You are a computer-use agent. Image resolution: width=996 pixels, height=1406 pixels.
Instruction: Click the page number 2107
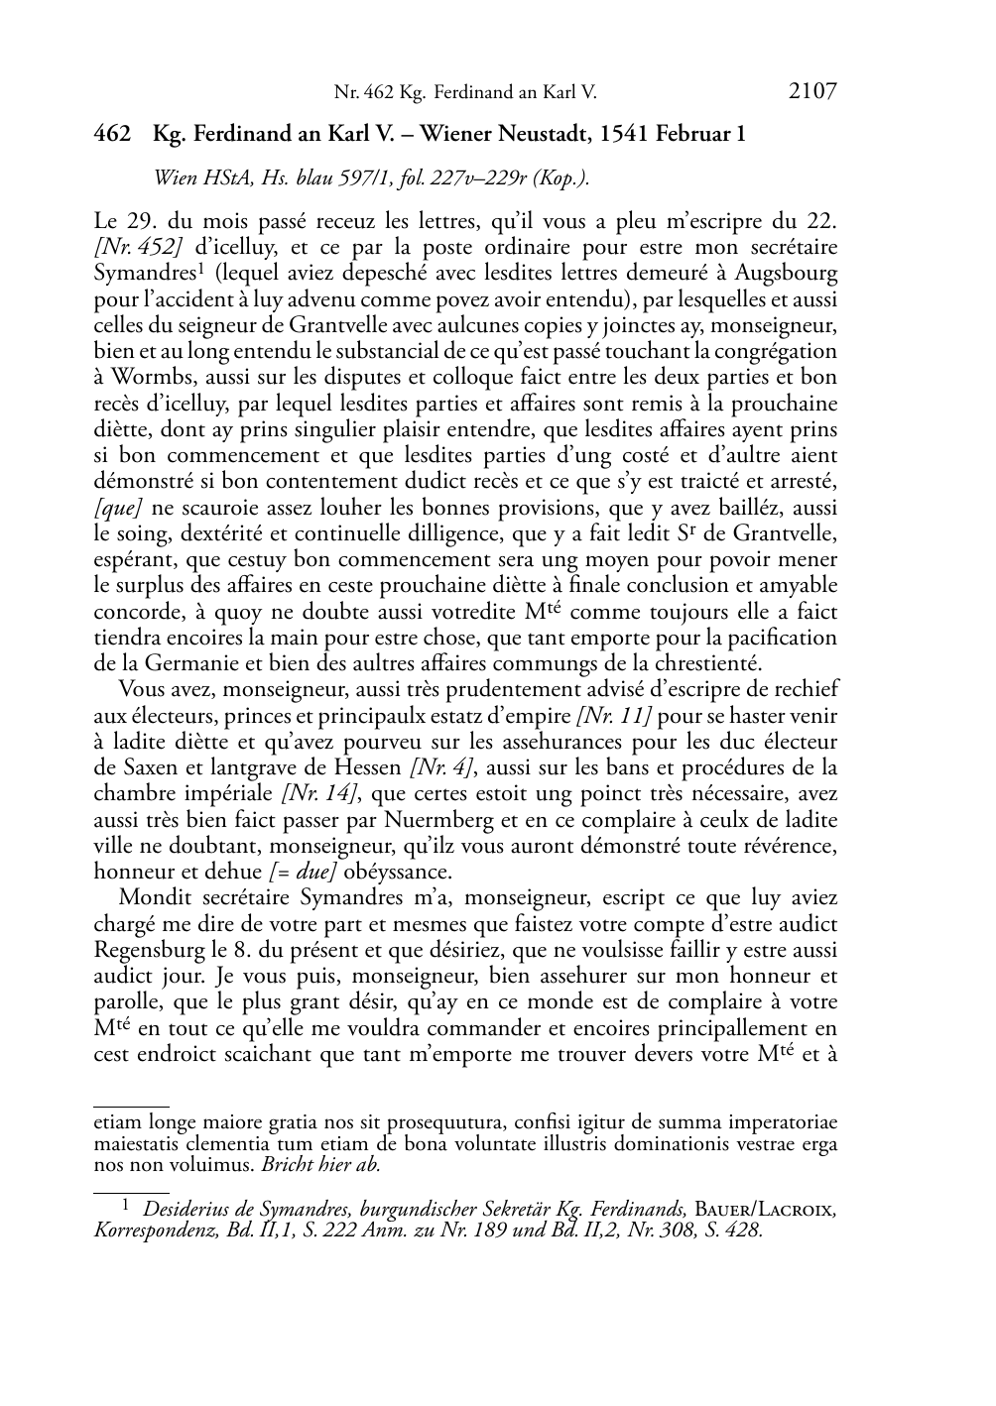812,92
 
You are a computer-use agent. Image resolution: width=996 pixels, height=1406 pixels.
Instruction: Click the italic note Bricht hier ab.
320,1164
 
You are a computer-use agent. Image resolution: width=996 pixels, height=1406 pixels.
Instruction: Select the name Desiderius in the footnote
188,1209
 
